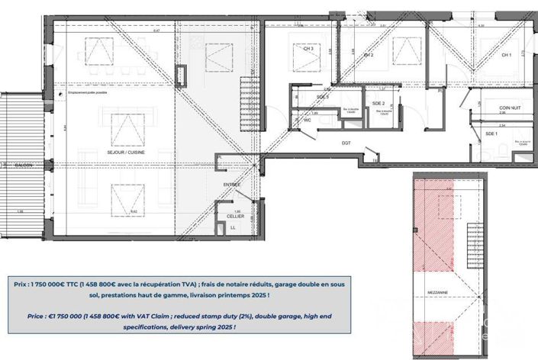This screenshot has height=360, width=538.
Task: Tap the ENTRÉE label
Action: [x=232, y=184]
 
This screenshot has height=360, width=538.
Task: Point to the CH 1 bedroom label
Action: [x=505, y=56]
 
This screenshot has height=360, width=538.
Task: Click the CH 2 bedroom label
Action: [x=368, y=56]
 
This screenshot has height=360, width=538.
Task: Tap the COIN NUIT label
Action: [x=499, y=109]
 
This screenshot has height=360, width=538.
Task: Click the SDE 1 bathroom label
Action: [x=491, y=134]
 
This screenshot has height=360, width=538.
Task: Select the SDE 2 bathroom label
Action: [x=377, y=103]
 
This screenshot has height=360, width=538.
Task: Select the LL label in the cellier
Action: [x=234, y=227]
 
